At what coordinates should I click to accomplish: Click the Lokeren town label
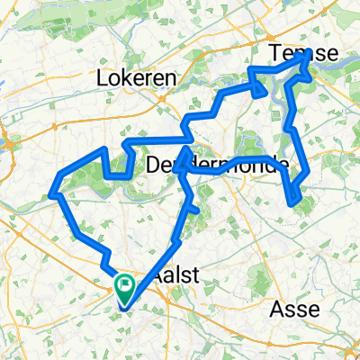136,78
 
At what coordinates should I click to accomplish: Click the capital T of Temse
280,54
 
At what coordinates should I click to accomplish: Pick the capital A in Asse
275,309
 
